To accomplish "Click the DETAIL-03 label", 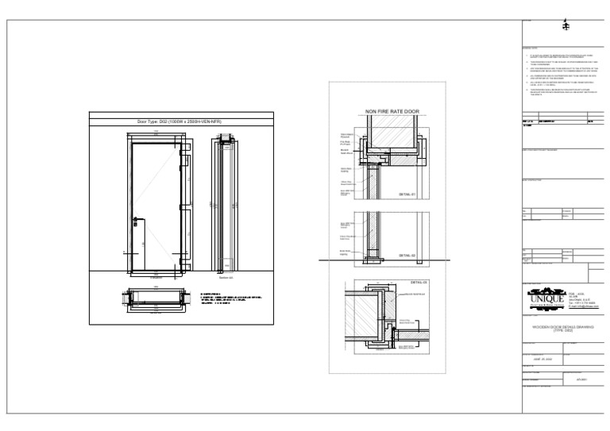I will [419, 282].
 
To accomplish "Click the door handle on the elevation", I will [137, 218].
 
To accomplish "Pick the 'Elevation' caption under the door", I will [157, 278].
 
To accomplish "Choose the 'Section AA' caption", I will [225, 278].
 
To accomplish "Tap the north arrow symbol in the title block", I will [565, 25].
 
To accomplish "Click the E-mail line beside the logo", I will [585, 306].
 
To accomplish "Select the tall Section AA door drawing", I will [226, 205].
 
